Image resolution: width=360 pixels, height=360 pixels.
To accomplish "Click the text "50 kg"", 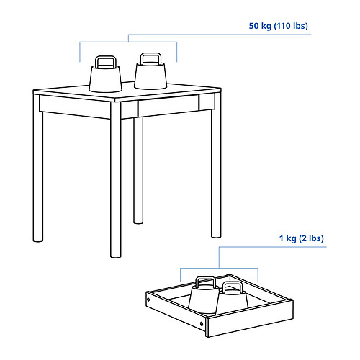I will click(x=261, y=27).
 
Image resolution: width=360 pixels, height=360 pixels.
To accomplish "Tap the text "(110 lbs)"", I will click(x=292, y=27).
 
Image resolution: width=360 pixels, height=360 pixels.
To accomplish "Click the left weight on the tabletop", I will click(x=106, y=77).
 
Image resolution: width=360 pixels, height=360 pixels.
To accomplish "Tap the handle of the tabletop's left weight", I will click(x=105, y=60).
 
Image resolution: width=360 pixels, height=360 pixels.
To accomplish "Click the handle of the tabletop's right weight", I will click(x=150, y=57).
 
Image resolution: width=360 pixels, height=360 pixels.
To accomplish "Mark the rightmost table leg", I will click(x=215, y=173).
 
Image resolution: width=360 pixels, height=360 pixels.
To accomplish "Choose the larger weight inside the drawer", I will click(x=204, y=295).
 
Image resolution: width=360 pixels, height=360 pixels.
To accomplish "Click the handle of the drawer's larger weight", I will click(x=204, y=281).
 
